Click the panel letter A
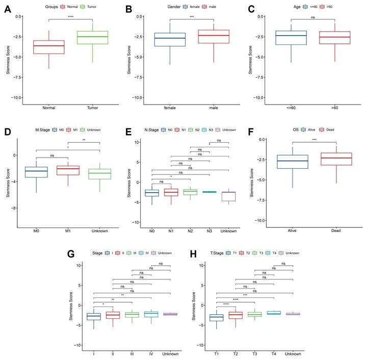8,9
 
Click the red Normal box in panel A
49,47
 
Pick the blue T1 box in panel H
217,318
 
